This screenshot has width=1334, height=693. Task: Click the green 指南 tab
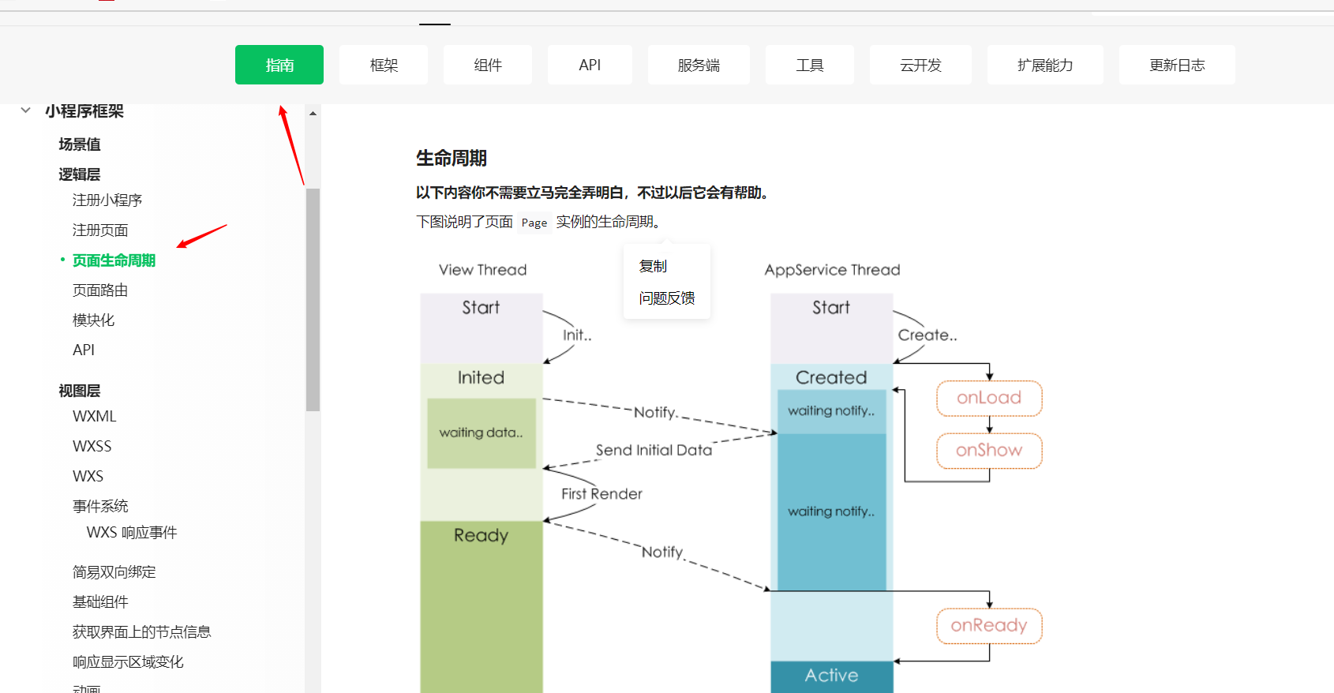click(x=279, y=65)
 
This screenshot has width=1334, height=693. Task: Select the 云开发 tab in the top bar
click(x=920, y=65)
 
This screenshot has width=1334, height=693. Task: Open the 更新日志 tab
click(x=1176, y=65)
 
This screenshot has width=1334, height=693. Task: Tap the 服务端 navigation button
click(x=699, y=65)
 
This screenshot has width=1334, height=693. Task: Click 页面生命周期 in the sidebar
click(x=114, y=260)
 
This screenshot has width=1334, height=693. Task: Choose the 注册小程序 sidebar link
click(x=107, y=200)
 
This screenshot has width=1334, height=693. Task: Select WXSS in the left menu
click(x=92, y=446)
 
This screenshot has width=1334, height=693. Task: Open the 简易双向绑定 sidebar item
click(x=114, y=572)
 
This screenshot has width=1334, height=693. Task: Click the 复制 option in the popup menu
click(x=653, y=267)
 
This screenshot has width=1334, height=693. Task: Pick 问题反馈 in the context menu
click(x=667, y=298)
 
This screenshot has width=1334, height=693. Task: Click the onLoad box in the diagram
click(x=989, y=398)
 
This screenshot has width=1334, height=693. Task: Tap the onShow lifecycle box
click(x=989, y=451)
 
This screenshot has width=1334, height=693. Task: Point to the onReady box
click(x=989, y=626)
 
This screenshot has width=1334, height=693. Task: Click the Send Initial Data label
click(x=654, y=450)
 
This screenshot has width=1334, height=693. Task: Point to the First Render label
click(x=601, y=494)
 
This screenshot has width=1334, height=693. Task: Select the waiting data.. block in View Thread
click(x=481, y=433)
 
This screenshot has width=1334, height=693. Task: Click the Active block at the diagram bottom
click(x=831, y=676)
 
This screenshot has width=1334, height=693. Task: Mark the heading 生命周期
click(x=452, y=159)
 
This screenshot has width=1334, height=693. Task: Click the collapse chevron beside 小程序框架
click(x=26, y=111)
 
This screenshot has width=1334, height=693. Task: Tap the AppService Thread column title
click(x=832, y=270)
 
